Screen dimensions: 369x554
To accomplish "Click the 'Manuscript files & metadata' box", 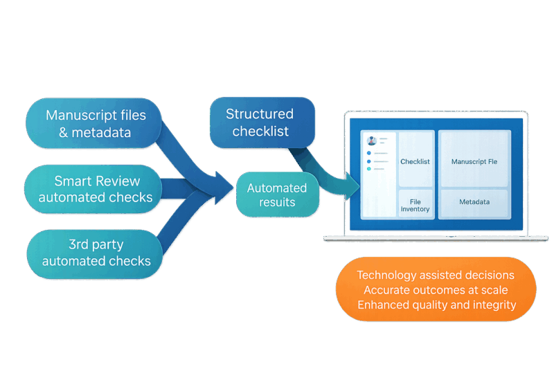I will tap(95, 123).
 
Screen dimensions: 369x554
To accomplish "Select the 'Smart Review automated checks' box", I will tap(95, 189).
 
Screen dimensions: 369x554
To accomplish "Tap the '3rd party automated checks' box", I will tap(96, 253).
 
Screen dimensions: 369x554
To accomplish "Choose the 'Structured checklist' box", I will tap(262, 122).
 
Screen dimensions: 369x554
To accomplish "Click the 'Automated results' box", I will tap(277, 195).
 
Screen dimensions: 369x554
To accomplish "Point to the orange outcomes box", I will tap(436, 289).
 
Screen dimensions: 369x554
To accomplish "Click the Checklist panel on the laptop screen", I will tap(415, 161).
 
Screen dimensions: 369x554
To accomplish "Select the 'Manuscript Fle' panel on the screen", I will tap(474, 161).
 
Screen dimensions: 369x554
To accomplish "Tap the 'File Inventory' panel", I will tap(415, 204).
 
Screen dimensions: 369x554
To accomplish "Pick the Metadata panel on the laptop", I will tap(474, 202).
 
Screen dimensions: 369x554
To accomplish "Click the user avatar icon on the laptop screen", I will tap(372, 141).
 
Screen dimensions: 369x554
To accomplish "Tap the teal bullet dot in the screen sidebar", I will tap(369, 168).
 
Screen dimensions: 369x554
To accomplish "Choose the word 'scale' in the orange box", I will tap(492, 290).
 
